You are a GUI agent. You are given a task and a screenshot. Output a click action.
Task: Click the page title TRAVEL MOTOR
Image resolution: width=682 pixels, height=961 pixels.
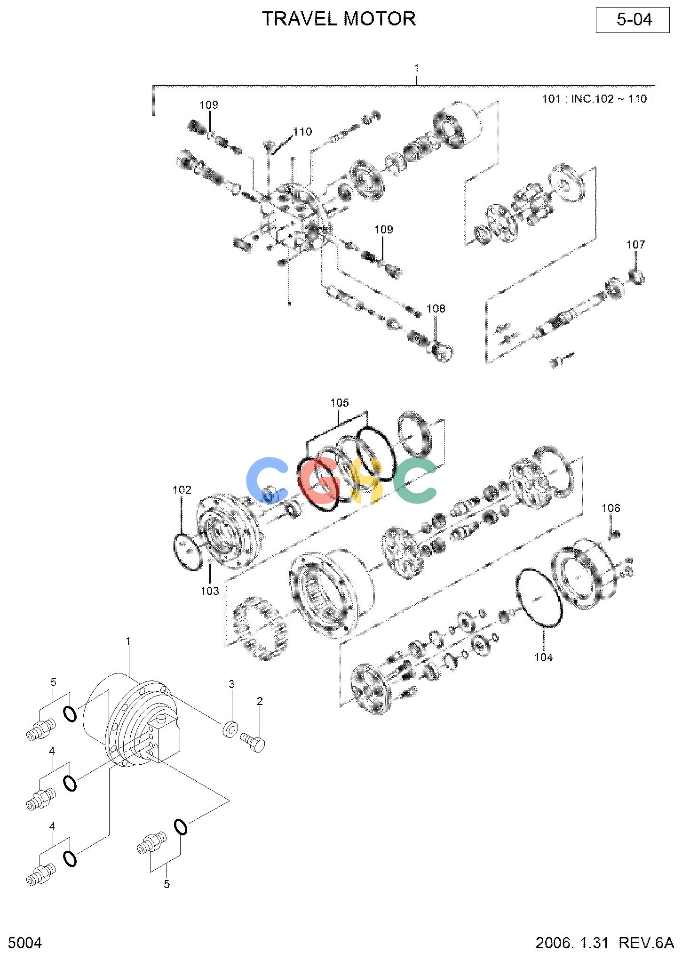tap(339, 19)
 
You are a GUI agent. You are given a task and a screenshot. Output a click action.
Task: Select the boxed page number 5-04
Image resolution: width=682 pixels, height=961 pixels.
tap(633, 20)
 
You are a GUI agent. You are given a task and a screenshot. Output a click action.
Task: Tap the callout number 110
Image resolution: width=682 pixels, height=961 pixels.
tap(302, 132)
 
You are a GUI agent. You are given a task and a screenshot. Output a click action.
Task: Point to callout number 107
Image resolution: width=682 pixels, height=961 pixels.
tap(636, 245)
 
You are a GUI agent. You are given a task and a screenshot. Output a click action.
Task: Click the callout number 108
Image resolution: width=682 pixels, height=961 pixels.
tap(436, 309)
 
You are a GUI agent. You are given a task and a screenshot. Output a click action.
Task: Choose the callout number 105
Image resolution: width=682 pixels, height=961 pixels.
tap(340, 403)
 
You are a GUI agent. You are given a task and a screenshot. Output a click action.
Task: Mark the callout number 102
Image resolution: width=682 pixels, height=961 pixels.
tap(182, 490)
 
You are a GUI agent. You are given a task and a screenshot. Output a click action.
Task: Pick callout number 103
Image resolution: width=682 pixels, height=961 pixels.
tap(210, 591)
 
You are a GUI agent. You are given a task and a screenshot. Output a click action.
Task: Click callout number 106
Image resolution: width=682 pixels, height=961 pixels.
tap(611, 508)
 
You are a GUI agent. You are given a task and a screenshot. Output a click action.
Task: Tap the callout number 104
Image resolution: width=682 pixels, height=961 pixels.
tap(544, 657)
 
